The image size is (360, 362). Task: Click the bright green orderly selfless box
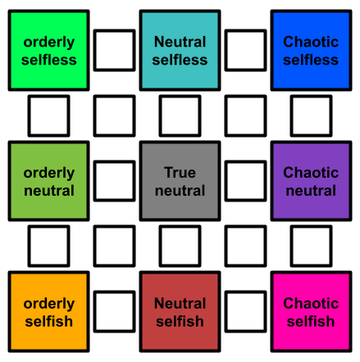coord(48,51)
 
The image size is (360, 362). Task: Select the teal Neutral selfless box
coord(180,51)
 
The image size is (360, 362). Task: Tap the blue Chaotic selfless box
coord(311,51)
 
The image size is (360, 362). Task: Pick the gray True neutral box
coord(180,181)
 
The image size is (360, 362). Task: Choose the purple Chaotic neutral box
coord(311,181)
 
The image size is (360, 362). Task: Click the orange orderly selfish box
coord(48,312)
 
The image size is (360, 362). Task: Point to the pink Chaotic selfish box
coord(311,312)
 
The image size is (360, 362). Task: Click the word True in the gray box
coord(180,173)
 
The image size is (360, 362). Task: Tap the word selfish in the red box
coord(180,321)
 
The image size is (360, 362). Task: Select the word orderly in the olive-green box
coord(49,174)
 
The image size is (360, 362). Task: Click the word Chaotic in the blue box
coord(311,42)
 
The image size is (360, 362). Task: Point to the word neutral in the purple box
coord(311,191)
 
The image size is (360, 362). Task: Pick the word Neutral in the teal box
coord(180,42)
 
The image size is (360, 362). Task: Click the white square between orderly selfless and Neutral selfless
coord(114,51)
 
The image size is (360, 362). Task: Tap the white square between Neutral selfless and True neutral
coord(180,115)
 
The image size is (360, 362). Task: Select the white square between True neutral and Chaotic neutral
coord(245,181)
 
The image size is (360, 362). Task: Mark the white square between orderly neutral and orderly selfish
coord(48,247)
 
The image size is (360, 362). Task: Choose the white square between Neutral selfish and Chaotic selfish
coord(245,312)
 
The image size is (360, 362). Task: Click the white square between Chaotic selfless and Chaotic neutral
coord(311,115)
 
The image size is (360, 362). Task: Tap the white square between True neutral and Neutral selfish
coord(180,247)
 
